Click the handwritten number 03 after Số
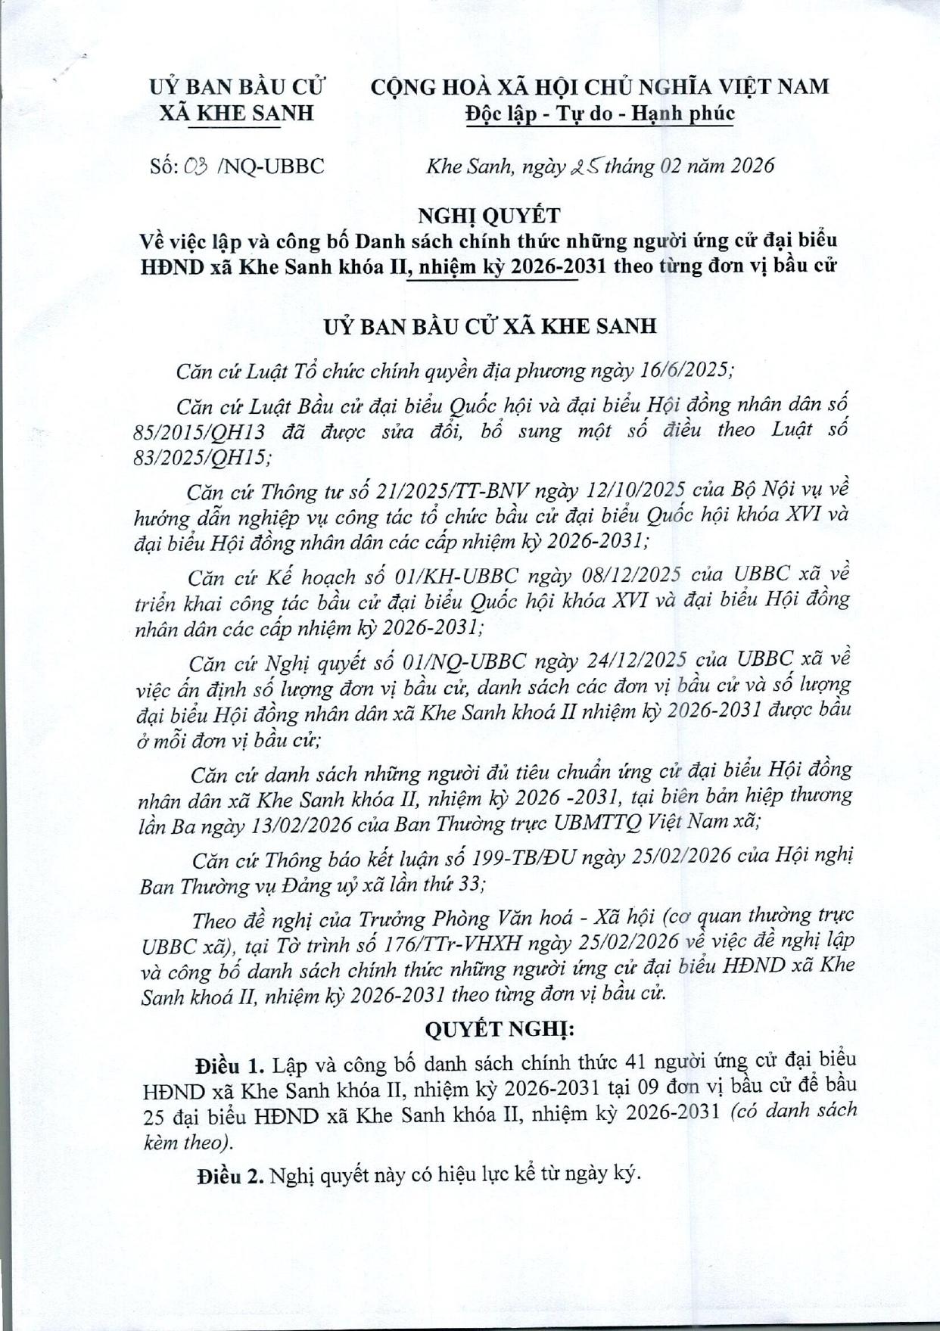click(198, 166)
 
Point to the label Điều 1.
click(229, 1065)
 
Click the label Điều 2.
click(229, 1175)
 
